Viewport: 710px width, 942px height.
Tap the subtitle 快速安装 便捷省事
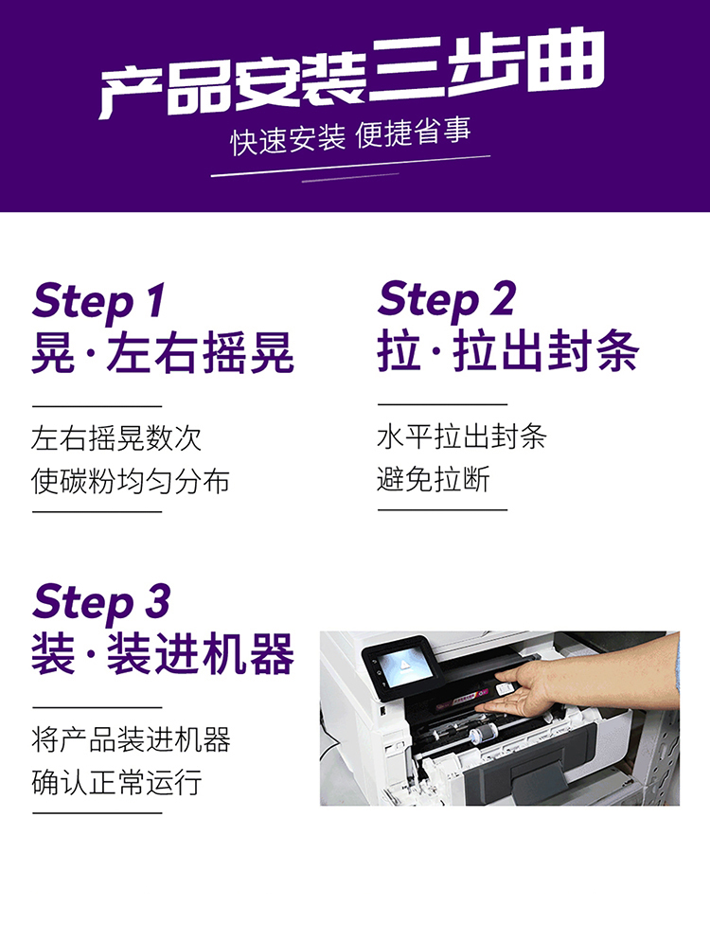click(x=351, y=137)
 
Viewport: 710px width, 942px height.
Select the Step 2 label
click(x=446, y=300)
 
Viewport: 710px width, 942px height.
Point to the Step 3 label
click(x=101, y=602)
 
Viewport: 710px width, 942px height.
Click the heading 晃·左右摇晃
click(x=163, y=353)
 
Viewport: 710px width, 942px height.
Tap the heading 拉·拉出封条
click(x=508, y=351)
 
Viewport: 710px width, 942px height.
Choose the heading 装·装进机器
click(x=163, y=654)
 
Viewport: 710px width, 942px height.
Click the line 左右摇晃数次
click(x=115, y=438)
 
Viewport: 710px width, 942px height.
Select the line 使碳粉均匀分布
click(x=131, y=481)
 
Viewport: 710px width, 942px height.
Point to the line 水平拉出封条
click(x=461, y=436)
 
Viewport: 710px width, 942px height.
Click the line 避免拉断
click(x=433, y=479)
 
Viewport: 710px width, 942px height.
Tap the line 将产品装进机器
click(x=131, y=739)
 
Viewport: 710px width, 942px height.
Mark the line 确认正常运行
click(x=115, y=783)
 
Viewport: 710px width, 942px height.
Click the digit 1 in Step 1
click(x=154, y=299)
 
